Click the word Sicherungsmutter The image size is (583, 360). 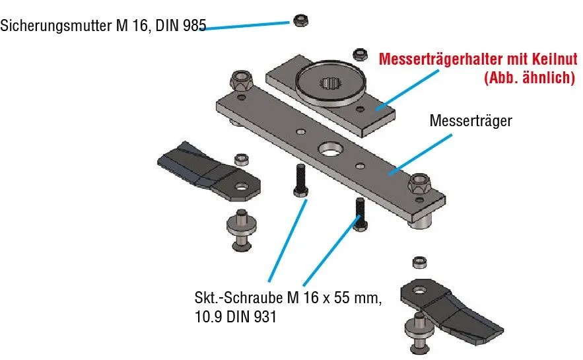pyautogui.click(x=52, y=26)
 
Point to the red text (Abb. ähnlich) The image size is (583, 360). pyautogui.click(x=529, y=77)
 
